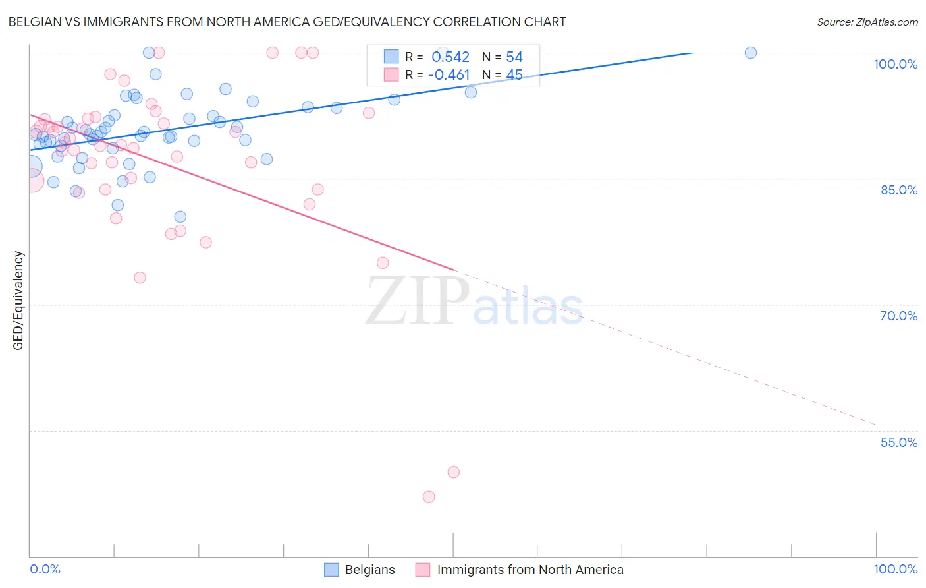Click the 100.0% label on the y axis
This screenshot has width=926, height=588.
pyautogui.click(x=895, y=64)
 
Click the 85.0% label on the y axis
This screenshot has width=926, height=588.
pyautogui.click(x=898, y=190)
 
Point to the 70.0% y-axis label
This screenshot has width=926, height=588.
pyautogui.click(x=898, y=316)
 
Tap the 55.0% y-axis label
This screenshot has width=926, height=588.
pyautogui.click(x=898, y=442)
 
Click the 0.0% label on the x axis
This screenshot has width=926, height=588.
pyautogui.click(x=45, y=569)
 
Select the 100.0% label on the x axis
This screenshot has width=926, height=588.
pyautogui.click(x=895, y=569)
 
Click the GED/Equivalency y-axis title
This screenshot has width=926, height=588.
pyautogui.click(x=18, y=301)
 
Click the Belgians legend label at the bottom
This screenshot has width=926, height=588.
pyautogui.click(x=369, y=570)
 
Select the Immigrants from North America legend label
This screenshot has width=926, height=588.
pyautogui.click(x=530, y=570)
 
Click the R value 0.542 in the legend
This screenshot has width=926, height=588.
pyautogui.click(x=450, y=57)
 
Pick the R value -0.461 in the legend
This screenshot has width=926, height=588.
pyautogui.click(x=449, y=75)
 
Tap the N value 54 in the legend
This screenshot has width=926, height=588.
pyautogui.click(x=514, y=57)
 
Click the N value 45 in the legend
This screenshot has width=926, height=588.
pyautogui.click(x=514, y=75)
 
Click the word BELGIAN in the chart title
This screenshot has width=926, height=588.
pyautogui.click(x=37, y=22)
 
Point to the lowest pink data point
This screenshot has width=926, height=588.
pyautogui.click(x=429, y=497)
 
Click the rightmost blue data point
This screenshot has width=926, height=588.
pyautogui.click(x=750, y=53)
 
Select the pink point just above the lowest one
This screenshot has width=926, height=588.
pyautogui.click(x=453, y=472)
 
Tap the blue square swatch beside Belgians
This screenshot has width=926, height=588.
pyautogui.click(x=331, y=570)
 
